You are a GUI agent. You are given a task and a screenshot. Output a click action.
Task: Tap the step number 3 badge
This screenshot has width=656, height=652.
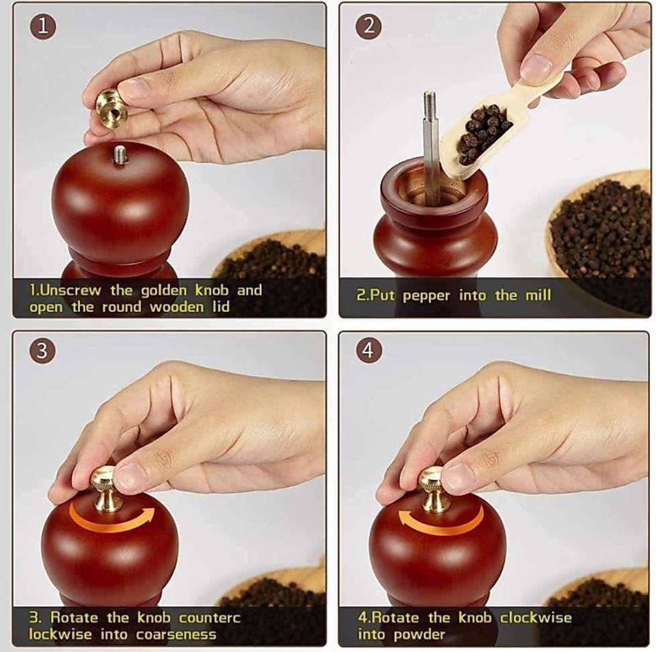tap(42, 351)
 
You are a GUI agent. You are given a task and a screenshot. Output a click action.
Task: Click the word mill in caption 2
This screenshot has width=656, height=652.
tap(537, 295)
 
